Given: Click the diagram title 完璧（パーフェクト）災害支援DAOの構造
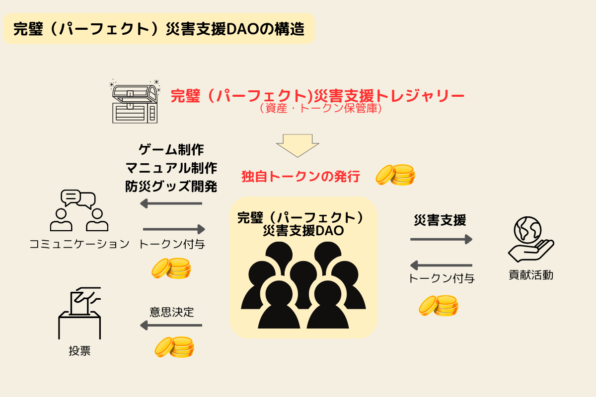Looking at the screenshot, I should click(x=158, y=29).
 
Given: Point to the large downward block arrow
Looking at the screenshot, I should click(x=298, y=145).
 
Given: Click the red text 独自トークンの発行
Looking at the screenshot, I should click(x=300, y=177).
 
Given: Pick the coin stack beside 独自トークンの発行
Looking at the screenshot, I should click(x=395, y=175).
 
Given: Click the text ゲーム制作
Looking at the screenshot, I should click(x=171, y=149).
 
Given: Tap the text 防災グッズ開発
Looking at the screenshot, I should click(x=171, y=186).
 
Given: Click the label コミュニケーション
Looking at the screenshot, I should click(x=79, y=244).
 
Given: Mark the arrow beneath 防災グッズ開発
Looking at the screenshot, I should click(x=171, y=203).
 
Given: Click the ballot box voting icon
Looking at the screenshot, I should click(x=80, y=313).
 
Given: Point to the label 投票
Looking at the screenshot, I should click(x=79, y=351).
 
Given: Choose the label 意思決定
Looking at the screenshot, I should click(x=171, y=312).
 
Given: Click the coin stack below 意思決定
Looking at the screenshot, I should click(x=173, y=346).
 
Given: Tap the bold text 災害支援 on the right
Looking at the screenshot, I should click(x=440, y=220).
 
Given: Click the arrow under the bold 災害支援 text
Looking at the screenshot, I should click(x=441, y=240).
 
